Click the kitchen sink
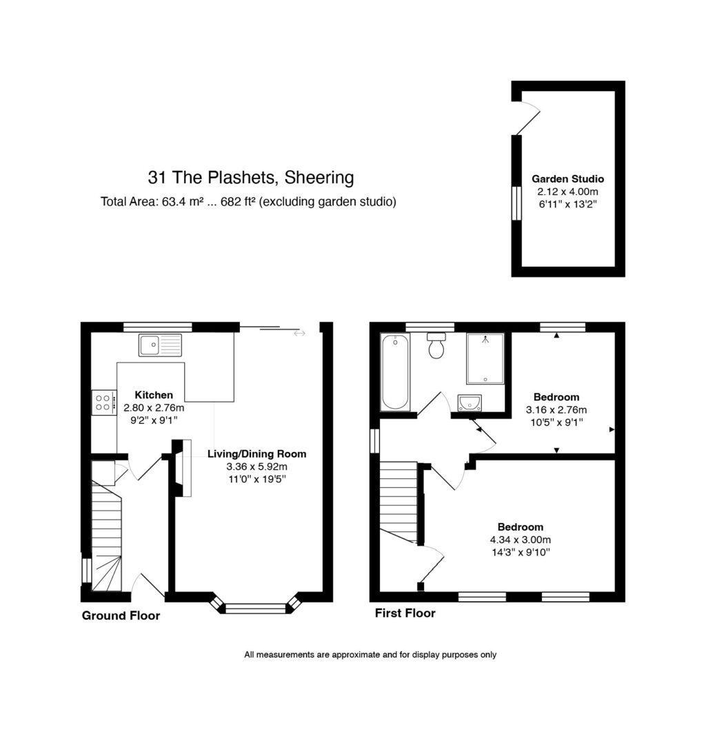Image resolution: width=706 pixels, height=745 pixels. tap(160, 345)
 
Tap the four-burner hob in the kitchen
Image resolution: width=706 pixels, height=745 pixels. tap(104, 402)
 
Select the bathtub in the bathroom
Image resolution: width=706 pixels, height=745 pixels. tap(395, 371)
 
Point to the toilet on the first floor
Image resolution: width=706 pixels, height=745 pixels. tap(436, 345)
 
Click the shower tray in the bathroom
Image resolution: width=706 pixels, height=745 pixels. tap(485, 358)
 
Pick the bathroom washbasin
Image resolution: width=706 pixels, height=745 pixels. tap(470, 403)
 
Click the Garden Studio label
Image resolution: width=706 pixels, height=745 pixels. tap(567, 179)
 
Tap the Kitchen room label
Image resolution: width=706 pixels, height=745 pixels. tap(154, 395)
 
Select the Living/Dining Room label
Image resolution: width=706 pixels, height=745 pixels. tap(256, 453)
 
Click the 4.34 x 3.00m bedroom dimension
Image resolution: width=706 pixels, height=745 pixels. tap(520, 540)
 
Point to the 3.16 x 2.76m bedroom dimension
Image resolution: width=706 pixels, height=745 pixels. tap(556, 409)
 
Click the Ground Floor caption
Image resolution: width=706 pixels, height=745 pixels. tap(121, 615)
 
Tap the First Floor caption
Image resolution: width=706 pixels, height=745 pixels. tap(405, 613)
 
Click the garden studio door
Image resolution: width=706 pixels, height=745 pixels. tap(528, 118)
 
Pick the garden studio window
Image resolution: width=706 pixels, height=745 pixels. tap(516, 203)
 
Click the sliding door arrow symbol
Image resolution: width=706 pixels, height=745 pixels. tap(299, 334)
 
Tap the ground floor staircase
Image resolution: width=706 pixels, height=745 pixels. tap(106, 536)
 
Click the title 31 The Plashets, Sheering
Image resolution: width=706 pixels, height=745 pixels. tap(250, 177)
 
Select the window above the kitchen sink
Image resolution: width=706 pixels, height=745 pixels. tap(158, 327)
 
